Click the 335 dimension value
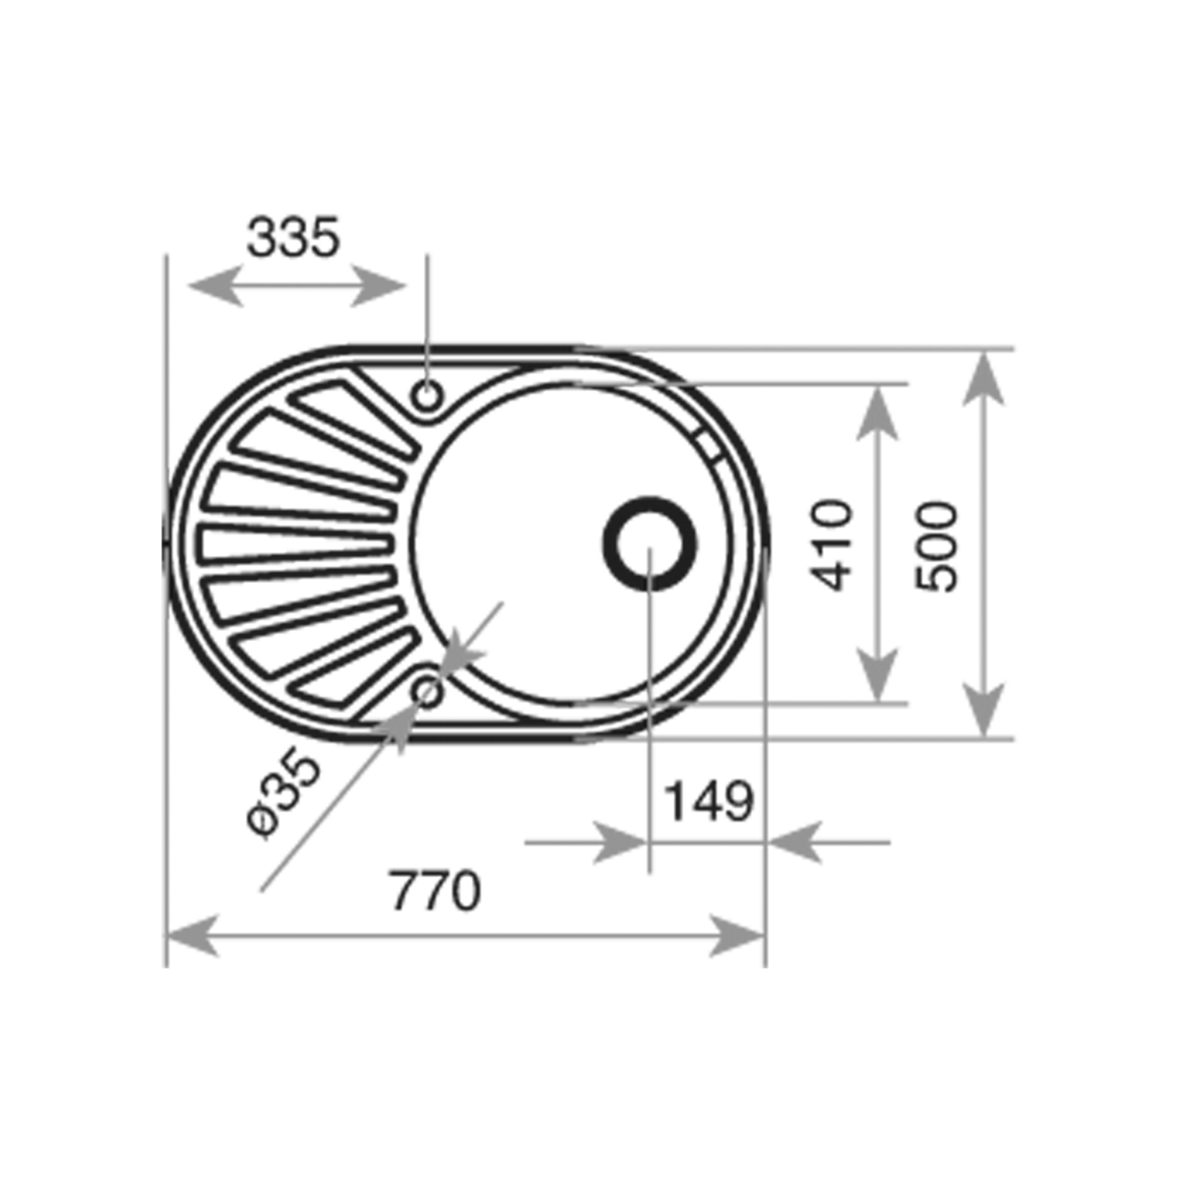click(292, 236)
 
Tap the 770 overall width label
click(435, 891)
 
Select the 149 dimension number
click(709, 801)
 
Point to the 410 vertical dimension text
click(831, 546)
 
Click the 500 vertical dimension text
click(935, 546)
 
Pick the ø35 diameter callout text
click(283, 792)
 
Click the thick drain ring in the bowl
click(650, 543)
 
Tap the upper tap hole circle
click(427, 396)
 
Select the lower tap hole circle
click(427, 693)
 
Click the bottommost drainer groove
click(353, 669)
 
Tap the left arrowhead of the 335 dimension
click(216, 285)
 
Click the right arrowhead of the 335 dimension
click(378, 285)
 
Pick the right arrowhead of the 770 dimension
click(737, 936)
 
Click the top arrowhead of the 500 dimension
click(983, 379)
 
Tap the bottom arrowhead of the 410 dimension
click(878, 674)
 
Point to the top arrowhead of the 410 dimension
click(878, 413)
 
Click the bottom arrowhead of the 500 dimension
click(983, 710)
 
